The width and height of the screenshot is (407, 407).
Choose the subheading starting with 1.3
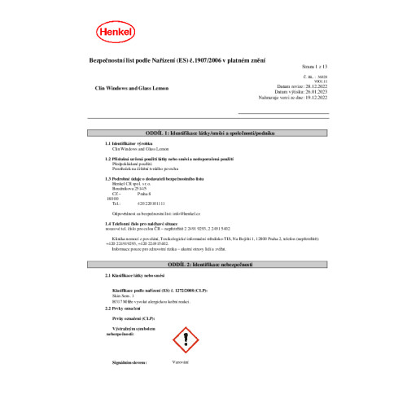tap(155, 177)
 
